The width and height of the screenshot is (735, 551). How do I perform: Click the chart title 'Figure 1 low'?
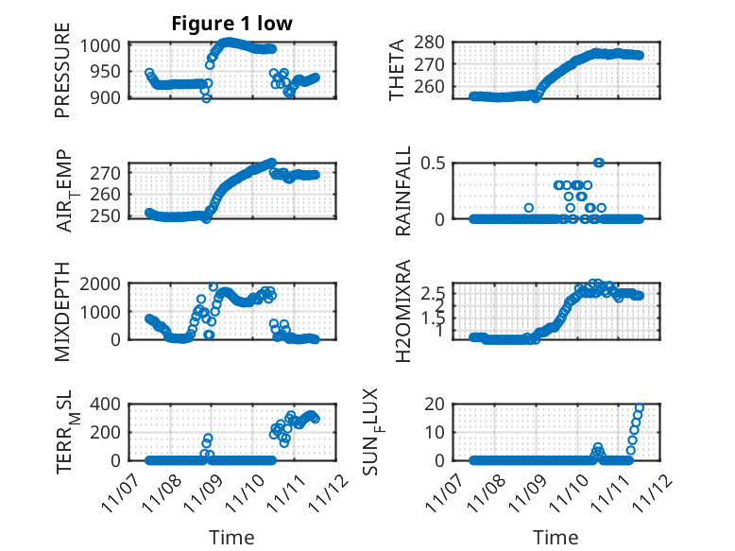(x=231, y=25)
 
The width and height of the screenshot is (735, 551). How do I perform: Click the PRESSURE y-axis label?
(x=62, y=77)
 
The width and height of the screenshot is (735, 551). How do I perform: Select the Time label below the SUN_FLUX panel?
(x=555, y=538)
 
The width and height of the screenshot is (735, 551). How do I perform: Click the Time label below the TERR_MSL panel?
(x=231, y=538)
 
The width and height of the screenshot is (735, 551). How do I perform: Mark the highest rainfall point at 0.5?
(x=599, y=163)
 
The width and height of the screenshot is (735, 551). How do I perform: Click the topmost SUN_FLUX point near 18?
(x=640, y=408)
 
